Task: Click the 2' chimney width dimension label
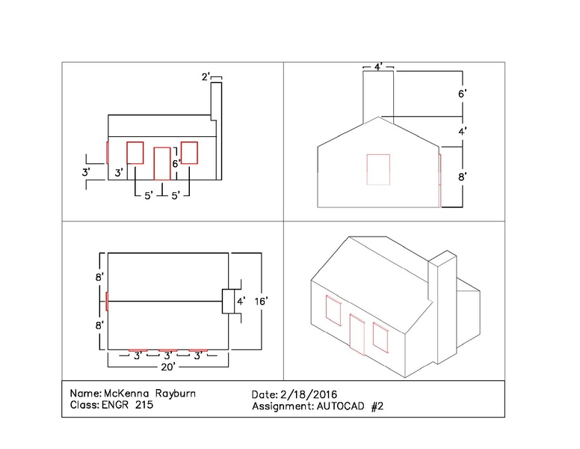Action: pos(206,77)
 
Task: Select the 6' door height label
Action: pos(176,162)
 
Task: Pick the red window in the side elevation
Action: pos(378,169)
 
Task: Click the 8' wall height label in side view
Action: pos(463,177)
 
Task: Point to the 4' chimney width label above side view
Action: pos(379,68)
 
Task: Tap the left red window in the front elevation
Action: pos(135,152)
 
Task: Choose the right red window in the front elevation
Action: pos(189,152)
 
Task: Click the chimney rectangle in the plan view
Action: pos(229,301)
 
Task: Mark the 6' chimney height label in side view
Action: pos(463,94)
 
